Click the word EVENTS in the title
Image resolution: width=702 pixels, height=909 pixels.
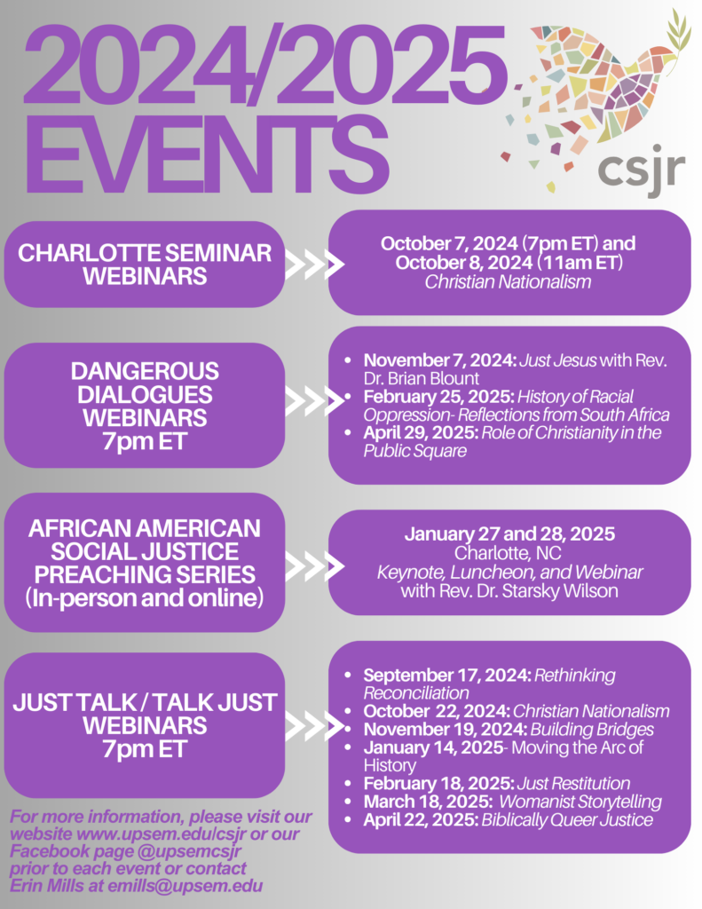(x=207, y=154)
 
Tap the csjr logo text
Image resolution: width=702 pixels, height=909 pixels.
(x=641, y=169)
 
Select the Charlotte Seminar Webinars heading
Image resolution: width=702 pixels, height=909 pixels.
(x=145, y=265)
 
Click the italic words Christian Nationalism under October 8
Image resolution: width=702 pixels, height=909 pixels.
(x=508, y=281)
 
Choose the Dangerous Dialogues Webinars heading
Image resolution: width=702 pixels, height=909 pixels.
(x=145, y=406)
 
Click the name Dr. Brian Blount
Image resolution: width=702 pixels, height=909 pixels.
(x=422, y=378)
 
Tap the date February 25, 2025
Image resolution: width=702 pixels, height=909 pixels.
(x=438, y=397)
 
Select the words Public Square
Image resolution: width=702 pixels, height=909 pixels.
(x=415, y=450)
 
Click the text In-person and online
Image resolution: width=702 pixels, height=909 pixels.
(x=145, y=597)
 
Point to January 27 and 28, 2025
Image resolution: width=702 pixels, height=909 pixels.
(x=509, y=534)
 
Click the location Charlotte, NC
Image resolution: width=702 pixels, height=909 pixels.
(x=508, y=553)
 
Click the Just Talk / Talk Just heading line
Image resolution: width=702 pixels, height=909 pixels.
(x=145, y=703)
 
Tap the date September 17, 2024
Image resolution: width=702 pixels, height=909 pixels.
(x=446, y=676)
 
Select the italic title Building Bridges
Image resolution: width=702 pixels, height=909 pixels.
(x=592, y=730)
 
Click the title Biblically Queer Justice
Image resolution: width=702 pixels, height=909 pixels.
(x=567, y=819)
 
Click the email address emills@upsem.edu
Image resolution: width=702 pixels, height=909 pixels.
(x=185, y=886)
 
